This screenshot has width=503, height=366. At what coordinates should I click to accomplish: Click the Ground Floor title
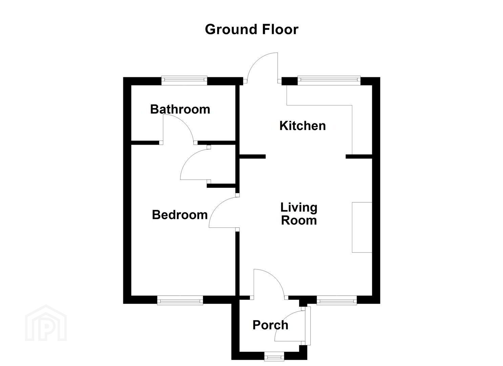251,29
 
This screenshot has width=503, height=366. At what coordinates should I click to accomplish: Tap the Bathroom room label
180,109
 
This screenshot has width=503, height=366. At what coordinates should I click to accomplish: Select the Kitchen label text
302,126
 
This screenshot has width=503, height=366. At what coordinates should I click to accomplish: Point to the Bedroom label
180,215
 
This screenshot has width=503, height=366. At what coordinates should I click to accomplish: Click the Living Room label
299,213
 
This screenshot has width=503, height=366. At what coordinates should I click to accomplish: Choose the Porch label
270,325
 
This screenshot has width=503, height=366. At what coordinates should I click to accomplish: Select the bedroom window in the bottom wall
180,300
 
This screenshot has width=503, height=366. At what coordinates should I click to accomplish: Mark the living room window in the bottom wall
337,300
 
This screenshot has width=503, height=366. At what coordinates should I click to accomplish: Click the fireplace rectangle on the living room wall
362,227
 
